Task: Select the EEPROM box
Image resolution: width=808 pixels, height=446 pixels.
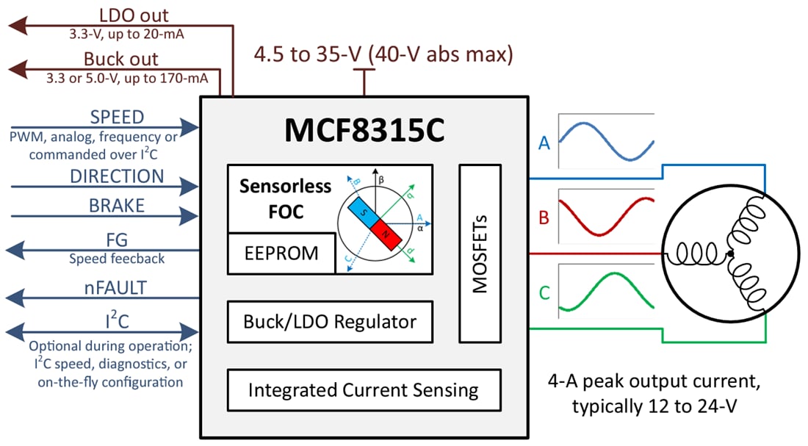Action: [x=281, y=253]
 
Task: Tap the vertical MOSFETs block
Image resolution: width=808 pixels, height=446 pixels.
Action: [x=480, y=253]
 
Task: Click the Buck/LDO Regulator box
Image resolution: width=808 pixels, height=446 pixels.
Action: [x=330, y=321]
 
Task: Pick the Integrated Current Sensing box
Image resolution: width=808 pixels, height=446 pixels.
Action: [x=364, y=390]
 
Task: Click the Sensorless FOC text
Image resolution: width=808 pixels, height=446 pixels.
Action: [x=285, y=198]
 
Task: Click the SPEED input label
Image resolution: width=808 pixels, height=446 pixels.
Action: [x=117, y=118]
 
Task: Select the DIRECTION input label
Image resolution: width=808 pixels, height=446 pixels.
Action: [x=117, y=176]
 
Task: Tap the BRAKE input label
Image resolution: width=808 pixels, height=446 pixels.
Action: [x=117, y=206]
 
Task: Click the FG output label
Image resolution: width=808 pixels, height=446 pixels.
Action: [x=117, y=240]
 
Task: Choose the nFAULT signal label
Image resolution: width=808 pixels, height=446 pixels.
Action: [x=117, y=287]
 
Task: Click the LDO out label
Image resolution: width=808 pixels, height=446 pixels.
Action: [x=133, y=15]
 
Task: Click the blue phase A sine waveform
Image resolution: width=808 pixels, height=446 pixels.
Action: [x=606, y=139]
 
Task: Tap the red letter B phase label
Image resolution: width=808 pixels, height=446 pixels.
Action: [x=544, y=218]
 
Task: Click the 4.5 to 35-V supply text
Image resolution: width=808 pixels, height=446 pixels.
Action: [x=383, y=54]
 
